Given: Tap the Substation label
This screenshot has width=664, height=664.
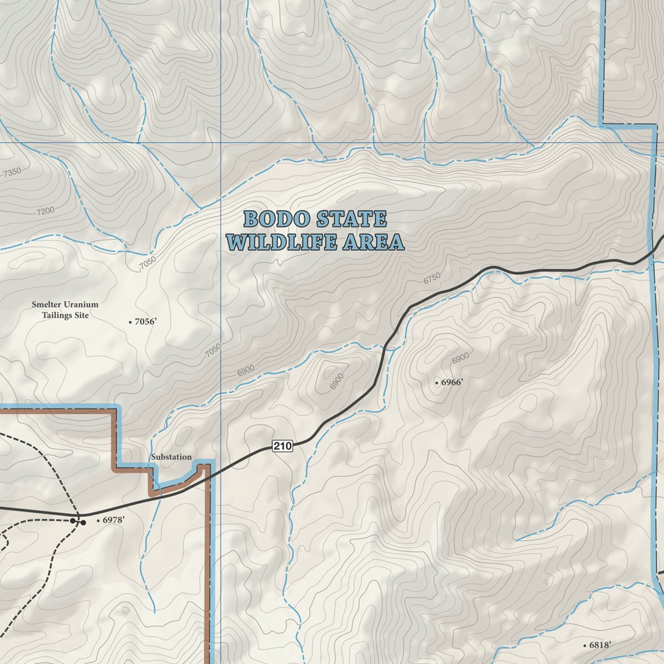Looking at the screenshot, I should tap(171, 457).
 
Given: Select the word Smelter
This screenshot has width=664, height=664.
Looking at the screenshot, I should tap(47, 304).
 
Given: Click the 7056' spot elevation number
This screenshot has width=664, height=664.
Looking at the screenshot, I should tap(146, 321).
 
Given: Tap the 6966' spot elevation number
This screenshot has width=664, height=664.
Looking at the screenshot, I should tap(452, 383).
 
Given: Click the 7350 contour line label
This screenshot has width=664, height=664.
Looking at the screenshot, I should tap(12, 172).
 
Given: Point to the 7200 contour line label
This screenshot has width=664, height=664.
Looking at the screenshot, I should tap(45, 211).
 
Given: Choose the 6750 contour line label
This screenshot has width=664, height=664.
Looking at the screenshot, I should tap(432, 278).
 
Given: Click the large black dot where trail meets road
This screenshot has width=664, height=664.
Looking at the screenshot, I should tap(82, 521).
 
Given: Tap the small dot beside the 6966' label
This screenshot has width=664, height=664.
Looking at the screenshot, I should tap(436, 383).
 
